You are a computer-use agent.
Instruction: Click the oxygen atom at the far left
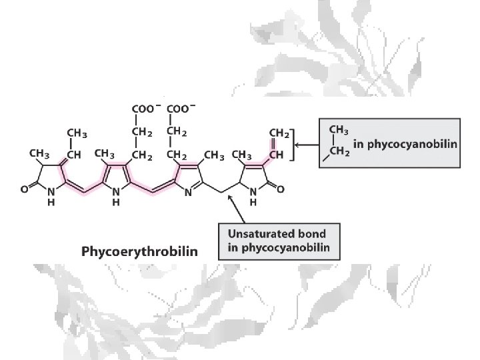(x=24, y=189)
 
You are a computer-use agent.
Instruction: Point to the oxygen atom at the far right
(x=280, y=189)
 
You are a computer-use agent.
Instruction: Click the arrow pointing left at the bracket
(x=305, y=144)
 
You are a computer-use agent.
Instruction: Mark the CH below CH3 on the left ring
(x=75, y=155)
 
